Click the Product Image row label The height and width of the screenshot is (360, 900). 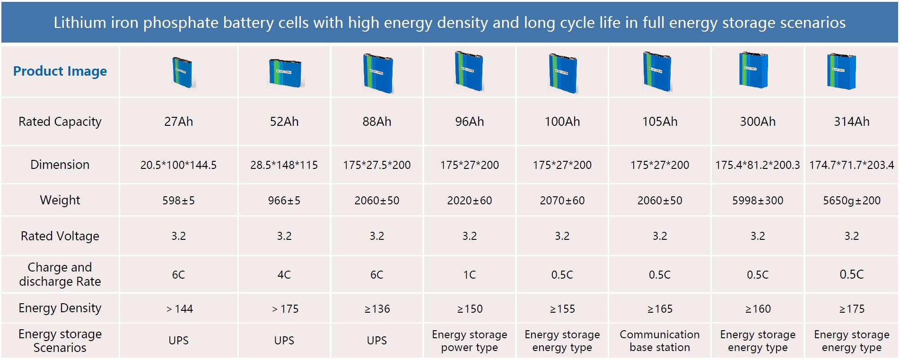60,71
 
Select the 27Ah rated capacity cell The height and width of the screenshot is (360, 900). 178,122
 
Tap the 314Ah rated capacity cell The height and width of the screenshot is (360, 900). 851,122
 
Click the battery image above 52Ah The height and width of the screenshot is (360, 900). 285,73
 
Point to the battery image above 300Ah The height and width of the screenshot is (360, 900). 753,70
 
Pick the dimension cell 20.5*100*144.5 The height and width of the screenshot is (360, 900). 178,165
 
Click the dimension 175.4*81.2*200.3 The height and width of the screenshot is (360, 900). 757,165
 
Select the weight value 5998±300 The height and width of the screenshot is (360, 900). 757,201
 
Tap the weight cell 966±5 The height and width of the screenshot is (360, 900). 284,201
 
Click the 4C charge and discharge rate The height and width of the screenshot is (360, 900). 284,275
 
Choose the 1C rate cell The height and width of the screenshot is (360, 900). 469,275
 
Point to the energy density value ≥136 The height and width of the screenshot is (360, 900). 377,309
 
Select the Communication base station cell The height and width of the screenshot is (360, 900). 659,341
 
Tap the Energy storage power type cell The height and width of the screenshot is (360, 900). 469,341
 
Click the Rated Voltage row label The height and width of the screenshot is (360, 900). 60,236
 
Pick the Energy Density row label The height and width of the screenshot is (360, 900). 60,308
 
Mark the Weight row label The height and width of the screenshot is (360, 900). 60,200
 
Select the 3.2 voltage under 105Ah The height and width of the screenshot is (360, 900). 659,236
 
